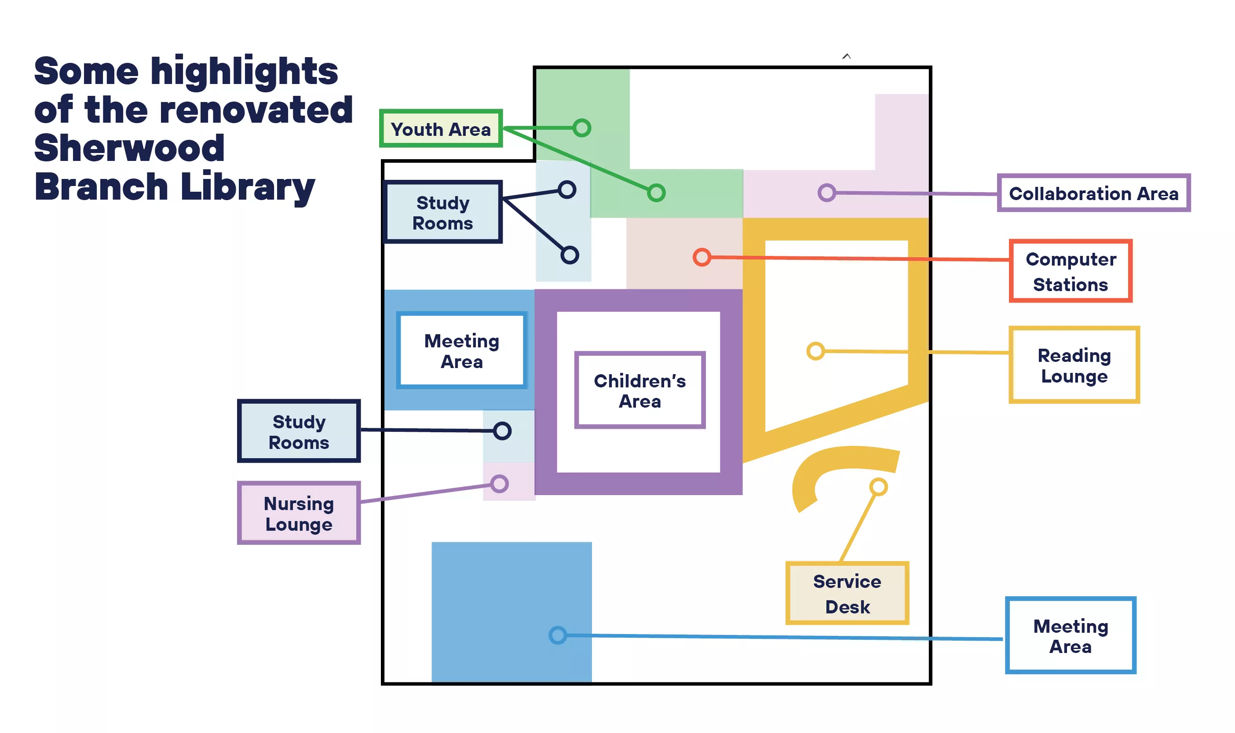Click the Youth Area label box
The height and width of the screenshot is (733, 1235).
point(441,128)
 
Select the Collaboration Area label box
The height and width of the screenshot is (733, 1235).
point(1093,193)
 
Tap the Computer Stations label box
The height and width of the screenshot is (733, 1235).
point(1071,271)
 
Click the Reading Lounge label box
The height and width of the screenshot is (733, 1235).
point(1074,365)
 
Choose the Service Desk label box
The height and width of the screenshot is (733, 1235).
point(847,593)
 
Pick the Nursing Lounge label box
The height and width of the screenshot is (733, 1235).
point(299,513)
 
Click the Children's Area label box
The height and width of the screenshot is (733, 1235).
point(640,390)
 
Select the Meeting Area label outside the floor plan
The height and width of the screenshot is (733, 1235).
point(1071,636)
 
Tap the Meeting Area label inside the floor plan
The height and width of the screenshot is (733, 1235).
point(461,351)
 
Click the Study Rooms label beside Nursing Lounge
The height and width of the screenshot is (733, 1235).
point(299,431)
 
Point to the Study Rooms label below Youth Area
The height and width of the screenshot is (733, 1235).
point(442,212)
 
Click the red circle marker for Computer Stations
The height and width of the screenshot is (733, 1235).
point(702,257)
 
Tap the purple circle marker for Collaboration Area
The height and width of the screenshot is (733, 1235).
point(826,192)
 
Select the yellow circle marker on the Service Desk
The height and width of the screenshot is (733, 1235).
point(878,487)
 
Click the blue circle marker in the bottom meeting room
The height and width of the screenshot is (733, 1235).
point(558,635)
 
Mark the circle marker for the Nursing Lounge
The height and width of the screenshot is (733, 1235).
point(500,484)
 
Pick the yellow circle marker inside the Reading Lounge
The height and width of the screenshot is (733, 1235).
point(815,351)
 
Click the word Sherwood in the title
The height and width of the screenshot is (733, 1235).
point(129,148)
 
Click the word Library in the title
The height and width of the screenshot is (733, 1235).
point(248,188)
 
